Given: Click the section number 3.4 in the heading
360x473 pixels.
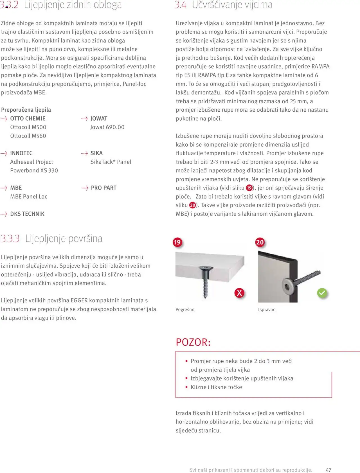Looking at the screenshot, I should pyautogui.click(x=180, y=5).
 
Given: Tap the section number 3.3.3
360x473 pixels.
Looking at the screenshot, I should pyautogui.click(x=10, y=238).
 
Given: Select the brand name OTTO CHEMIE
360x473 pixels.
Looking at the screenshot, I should pyautogui.click(x=28, y=118).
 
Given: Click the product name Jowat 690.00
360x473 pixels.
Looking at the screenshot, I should pyautogui.click(x=107, y=127).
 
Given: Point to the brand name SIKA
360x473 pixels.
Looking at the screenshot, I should pyautogui.click(x=96, y=153).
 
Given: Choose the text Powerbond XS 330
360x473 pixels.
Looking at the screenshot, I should pyautogui.click(x=34, y=170).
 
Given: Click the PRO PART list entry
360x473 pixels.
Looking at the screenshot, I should pyautogui.click(x=103, y=188).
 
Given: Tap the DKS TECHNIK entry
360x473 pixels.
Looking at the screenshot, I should pyautogui.click(x=27, y=214).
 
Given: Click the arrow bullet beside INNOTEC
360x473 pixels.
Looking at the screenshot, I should pyautogui.click(x=4, y=153).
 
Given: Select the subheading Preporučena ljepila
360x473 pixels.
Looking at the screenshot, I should pyautogui.click(x=26, y=110).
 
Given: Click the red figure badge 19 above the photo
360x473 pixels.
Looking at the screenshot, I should pyautogui.click(x=177, y=242).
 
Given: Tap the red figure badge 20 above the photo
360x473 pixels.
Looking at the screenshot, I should pyautogui.click(x=260, y=242).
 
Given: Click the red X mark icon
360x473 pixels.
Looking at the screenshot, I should pyautogui.click(x=239, y=293).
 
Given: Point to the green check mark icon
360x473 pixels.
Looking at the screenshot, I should pyautogui.click(x=322, y=293).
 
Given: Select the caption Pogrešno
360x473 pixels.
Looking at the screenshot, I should pyautogui.click(x=185, y=310).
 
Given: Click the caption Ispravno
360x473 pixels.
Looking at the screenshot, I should pyautogui.click(x=267, y=310).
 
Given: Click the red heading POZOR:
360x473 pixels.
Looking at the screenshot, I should pyautogui.click(x=193, y=342).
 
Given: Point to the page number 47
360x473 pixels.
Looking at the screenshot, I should pyautogui.click(x=328, y=470).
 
